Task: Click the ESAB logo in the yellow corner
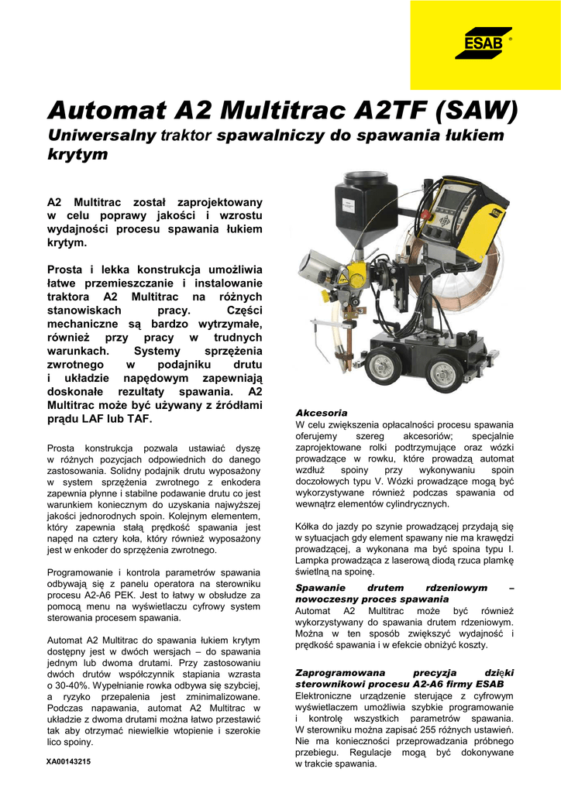[x=488, y=43]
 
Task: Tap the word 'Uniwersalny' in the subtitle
[x=103, y=136]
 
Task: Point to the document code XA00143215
[x=69, y=761]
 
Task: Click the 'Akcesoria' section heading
[x=322, y=413]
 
